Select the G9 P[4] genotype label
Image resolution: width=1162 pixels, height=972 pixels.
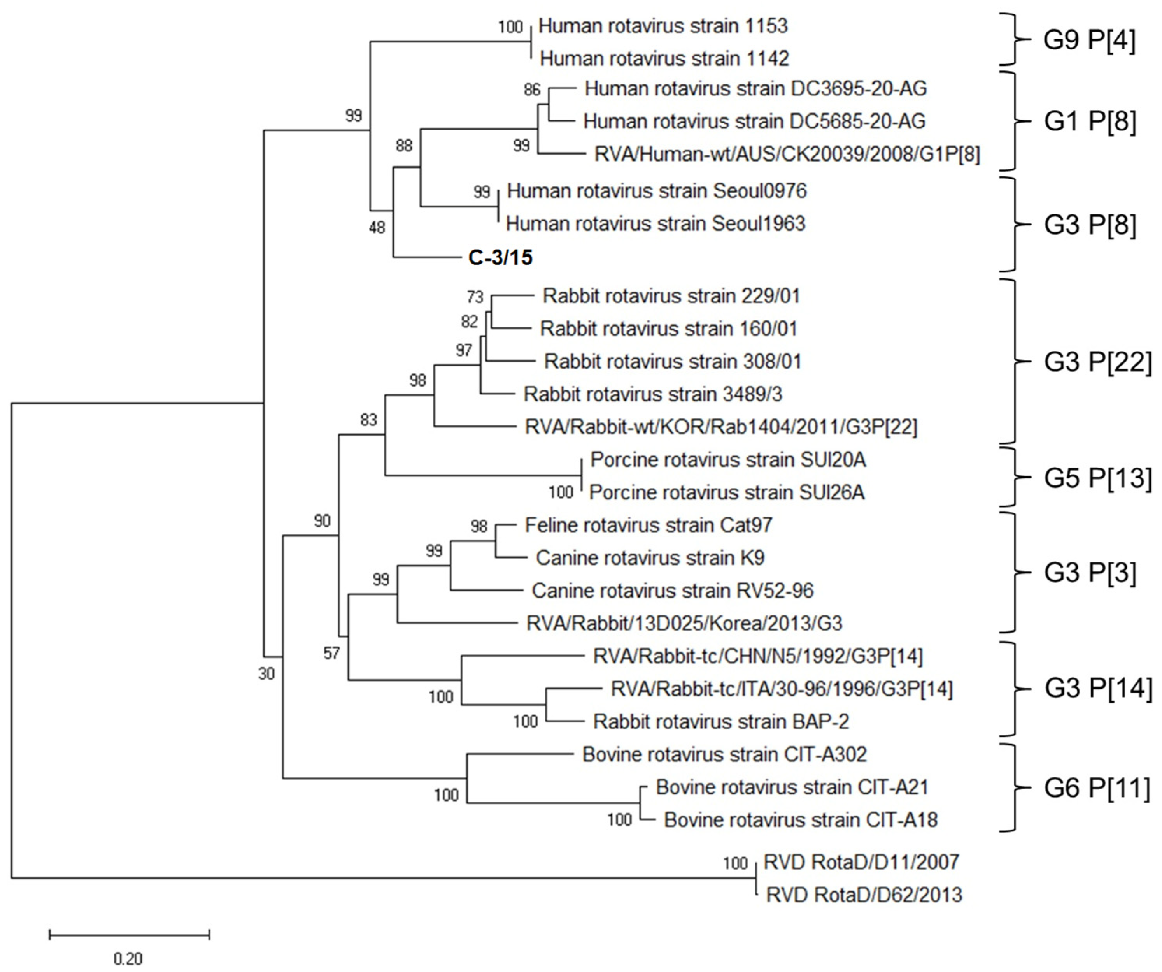point(1089,42)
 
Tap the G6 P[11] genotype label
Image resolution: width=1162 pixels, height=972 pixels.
point(1097,788)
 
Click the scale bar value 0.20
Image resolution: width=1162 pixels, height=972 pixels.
point(128,958)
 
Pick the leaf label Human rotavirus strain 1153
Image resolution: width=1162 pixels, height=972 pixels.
point(663,26)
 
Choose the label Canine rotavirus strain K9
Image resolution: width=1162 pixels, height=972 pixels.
point(650,558)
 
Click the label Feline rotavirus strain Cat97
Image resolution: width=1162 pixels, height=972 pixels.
point(648,525)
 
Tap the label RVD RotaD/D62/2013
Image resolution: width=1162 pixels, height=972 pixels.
point(864,895)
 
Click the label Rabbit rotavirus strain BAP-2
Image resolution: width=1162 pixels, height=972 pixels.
point(721,722)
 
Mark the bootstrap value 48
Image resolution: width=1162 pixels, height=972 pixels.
point(377,227)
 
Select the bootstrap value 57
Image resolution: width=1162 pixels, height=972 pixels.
point(331,654)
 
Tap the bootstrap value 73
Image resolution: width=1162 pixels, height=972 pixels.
point(475,297)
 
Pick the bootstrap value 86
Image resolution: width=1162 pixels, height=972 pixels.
point(532,90)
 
